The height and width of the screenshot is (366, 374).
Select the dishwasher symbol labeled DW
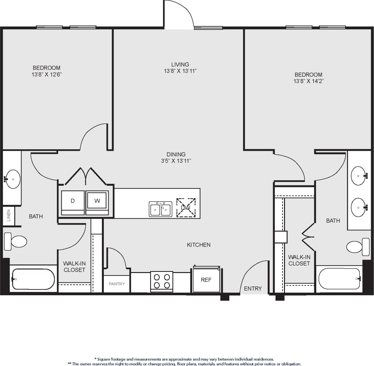coord(186,207)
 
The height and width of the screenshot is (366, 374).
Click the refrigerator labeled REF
coord(206,280)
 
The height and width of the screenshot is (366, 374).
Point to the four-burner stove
coord(162,281)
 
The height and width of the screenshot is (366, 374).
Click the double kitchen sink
coord(160,209)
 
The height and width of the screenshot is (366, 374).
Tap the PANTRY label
coord(117,284)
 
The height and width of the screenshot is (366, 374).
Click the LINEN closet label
coord(9,216)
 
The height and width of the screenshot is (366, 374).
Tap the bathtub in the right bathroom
coord(339,279)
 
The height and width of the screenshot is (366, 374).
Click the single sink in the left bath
coord(13,179)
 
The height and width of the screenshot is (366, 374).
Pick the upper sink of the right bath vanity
coord(359,176)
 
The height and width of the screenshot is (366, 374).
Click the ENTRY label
coord(253,288)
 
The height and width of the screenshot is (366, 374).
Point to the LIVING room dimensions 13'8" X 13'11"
coord(180,71)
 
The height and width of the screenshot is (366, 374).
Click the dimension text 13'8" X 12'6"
coord(47,74)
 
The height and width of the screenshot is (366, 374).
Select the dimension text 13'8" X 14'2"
coord(308,81)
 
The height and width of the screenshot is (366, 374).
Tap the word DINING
coord(176,154)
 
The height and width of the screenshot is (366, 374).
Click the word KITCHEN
coord(198,245)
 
